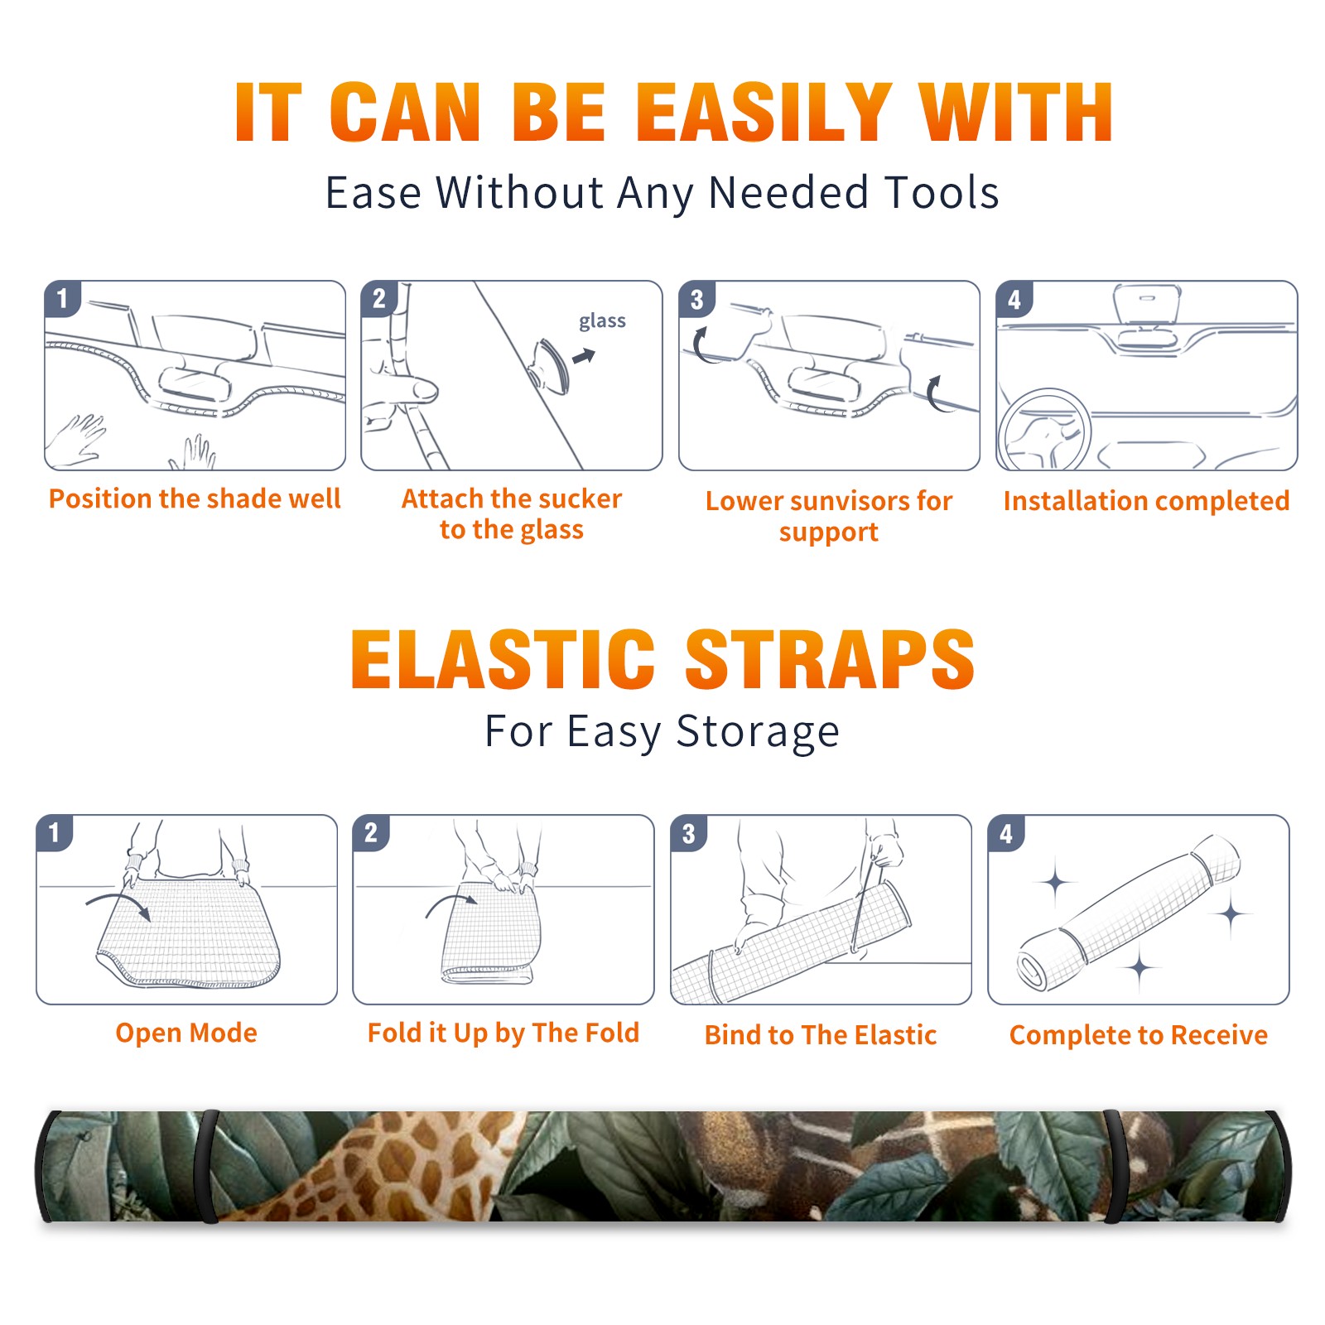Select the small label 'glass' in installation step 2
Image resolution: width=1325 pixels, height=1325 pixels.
[602, 321]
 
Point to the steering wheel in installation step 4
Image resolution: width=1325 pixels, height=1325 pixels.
[1044, 430]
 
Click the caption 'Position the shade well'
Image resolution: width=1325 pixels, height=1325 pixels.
[195, 499]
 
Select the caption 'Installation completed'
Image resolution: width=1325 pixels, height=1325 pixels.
[1146, 500]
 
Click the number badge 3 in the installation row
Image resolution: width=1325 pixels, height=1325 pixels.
[696, 300]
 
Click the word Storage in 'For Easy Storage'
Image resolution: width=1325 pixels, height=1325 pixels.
[758, 732]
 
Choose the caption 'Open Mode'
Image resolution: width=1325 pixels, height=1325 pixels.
[186, 1033]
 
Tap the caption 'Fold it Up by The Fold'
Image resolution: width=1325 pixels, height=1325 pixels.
[503, 1033]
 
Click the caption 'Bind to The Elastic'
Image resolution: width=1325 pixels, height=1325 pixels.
[821, 1035]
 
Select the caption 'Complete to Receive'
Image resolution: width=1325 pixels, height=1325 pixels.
[1139, 1035]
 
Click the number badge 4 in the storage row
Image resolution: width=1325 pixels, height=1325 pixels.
[1006, 834]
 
